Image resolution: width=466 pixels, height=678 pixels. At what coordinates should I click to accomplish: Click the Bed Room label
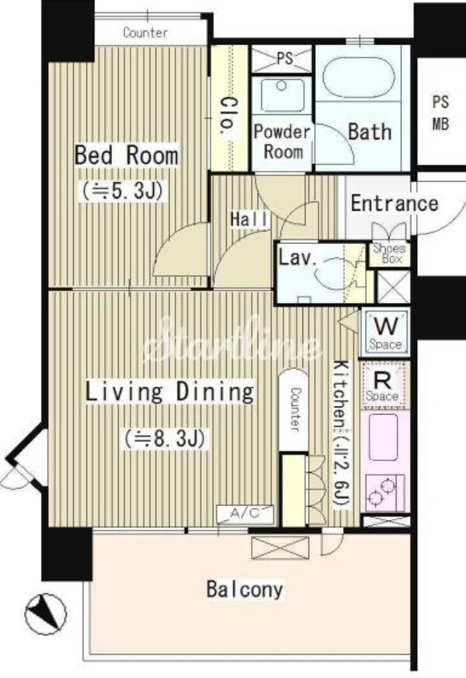point(127,155)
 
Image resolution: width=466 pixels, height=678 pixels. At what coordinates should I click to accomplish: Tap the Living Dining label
point(169,391)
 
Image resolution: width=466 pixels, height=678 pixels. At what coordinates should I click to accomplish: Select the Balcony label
point(245,589)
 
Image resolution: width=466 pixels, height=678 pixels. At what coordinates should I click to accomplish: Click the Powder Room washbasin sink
point(282,95)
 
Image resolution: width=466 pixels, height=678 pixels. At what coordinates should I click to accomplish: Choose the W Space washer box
point(385,332)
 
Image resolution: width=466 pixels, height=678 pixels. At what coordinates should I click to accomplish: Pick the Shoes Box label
point(389,254)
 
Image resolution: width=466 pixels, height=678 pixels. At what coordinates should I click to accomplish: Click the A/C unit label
point(245,513)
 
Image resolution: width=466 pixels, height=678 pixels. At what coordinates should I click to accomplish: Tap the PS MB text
point(441,113)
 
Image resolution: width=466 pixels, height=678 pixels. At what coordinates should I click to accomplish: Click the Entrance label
point(395,203)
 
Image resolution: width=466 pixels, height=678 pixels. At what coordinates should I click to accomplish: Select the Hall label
point(249,219)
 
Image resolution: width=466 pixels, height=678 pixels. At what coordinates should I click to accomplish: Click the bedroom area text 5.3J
point(123,190)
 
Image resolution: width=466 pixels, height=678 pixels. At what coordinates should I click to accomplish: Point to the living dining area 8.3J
point(165,439)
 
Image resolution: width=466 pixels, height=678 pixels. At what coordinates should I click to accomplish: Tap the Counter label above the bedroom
point(145,33)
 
